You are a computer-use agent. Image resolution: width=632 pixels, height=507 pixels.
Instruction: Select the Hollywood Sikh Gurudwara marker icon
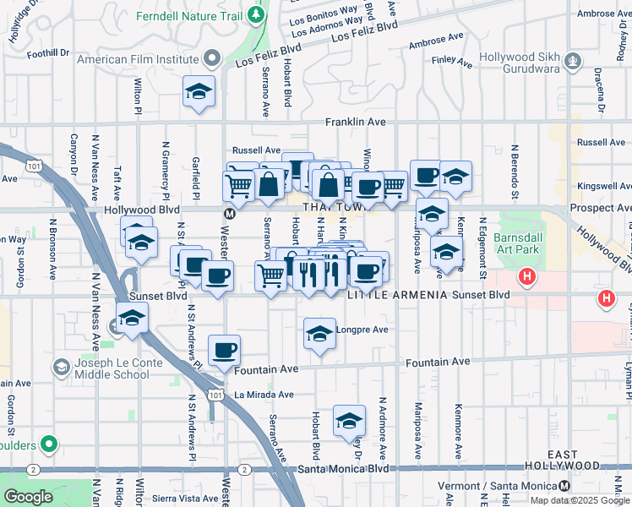pos(574,60)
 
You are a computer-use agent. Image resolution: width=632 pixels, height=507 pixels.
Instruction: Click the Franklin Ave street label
pos(356,123)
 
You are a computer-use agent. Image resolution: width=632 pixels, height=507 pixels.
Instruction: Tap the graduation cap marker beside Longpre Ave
pos(319,334)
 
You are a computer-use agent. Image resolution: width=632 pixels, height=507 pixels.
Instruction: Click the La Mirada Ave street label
pos(264,395)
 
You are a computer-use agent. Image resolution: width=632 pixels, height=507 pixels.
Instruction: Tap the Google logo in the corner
pos(29,497)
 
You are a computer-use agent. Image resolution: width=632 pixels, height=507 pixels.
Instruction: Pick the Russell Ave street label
pos(256,150)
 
